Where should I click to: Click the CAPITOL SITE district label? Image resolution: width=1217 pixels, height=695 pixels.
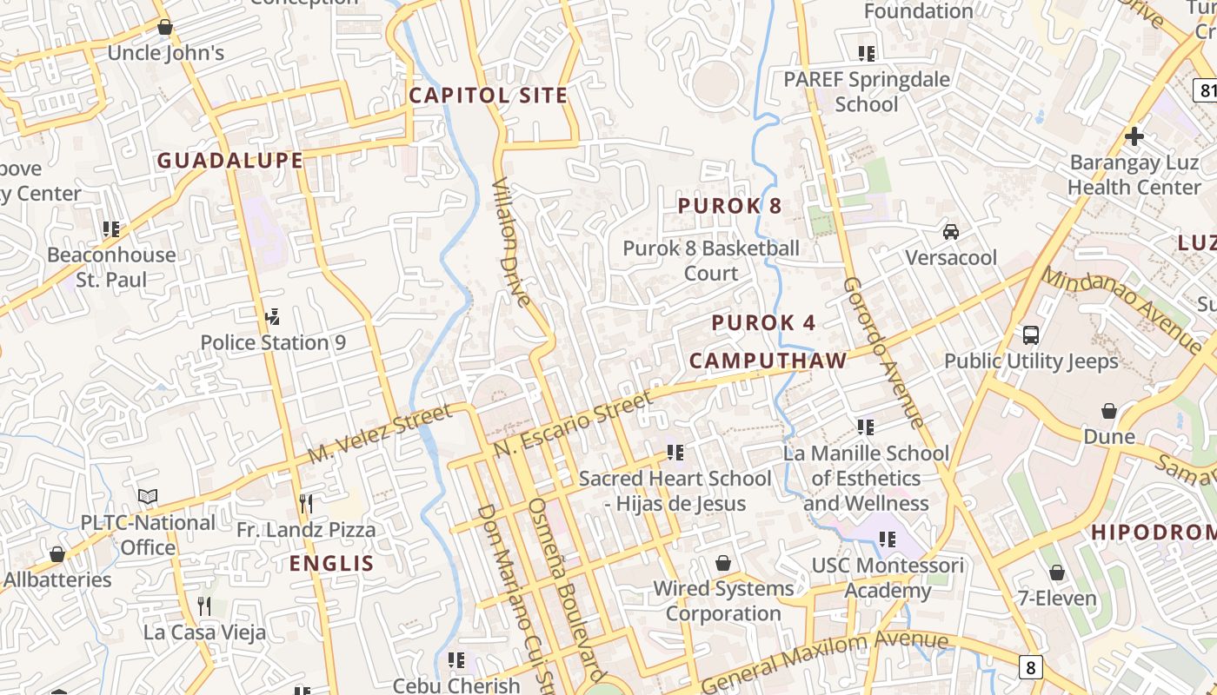tap(489, 96)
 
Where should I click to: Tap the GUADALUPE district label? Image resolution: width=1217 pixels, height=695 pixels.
tap(230, 161)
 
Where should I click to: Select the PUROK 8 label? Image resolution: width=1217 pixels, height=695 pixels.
tap(730, 206)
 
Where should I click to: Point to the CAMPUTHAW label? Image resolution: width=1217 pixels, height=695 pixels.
tap(768, 361)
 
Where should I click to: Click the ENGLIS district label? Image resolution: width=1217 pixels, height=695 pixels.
tap(332, 563)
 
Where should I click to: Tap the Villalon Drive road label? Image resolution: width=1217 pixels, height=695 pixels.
tap(511, 243)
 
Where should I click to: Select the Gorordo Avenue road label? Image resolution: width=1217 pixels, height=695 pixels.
tap(883, 353)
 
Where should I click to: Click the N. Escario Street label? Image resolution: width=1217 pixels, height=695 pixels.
tap(573, 425)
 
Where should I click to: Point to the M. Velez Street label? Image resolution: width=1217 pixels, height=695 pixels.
tap(381, 434)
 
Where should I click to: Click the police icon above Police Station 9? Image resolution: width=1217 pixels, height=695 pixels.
tap(273, 316)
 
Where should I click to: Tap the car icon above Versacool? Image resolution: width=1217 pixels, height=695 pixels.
tap(951, 232)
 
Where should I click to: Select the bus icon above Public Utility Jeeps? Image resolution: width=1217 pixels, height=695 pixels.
tap(1031, 334)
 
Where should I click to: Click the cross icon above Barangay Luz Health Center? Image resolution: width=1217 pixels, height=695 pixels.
tap(1134, 136)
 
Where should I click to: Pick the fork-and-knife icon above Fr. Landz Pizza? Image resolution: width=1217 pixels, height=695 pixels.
tap(306, 503)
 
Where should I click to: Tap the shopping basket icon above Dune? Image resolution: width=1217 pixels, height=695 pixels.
tap(1109, 410)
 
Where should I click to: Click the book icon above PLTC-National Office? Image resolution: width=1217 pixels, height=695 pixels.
tap(148, 496)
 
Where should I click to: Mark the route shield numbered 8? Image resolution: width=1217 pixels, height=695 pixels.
tap(1030, 667)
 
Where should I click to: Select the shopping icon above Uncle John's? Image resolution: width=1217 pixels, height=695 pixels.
tap(165, 27)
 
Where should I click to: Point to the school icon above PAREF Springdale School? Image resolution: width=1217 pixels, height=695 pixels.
tap(866, 53)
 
